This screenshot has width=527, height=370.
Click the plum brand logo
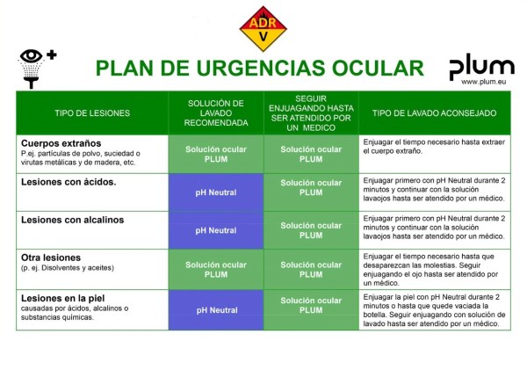click(481, 67)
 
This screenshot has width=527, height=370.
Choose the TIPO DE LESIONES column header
click(92, 113)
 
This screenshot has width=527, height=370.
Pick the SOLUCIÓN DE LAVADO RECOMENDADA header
click(216, 112)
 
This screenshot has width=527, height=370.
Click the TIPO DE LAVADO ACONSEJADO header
click(434, 113)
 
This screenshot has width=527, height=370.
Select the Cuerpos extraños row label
click(61, 142)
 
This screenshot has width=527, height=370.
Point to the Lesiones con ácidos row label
click(68, 182)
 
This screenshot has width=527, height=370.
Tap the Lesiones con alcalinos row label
click(72, 220)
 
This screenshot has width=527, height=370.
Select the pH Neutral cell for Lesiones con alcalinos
click(216, 230)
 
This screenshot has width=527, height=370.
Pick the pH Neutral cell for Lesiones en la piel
click(216, 310)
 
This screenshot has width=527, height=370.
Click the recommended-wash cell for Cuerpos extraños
click(216, 154)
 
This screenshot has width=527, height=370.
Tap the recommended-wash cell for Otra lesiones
click(216, 269)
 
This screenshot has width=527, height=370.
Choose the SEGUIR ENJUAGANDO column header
click(311, 112)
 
